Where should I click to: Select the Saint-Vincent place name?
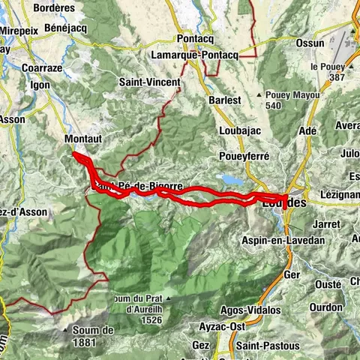(149, 81)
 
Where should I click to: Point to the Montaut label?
(82, 139)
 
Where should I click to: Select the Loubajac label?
(239, 130)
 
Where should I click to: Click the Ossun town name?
(310, 43)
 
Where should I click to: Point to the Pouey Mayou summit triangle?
(259, 95)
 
